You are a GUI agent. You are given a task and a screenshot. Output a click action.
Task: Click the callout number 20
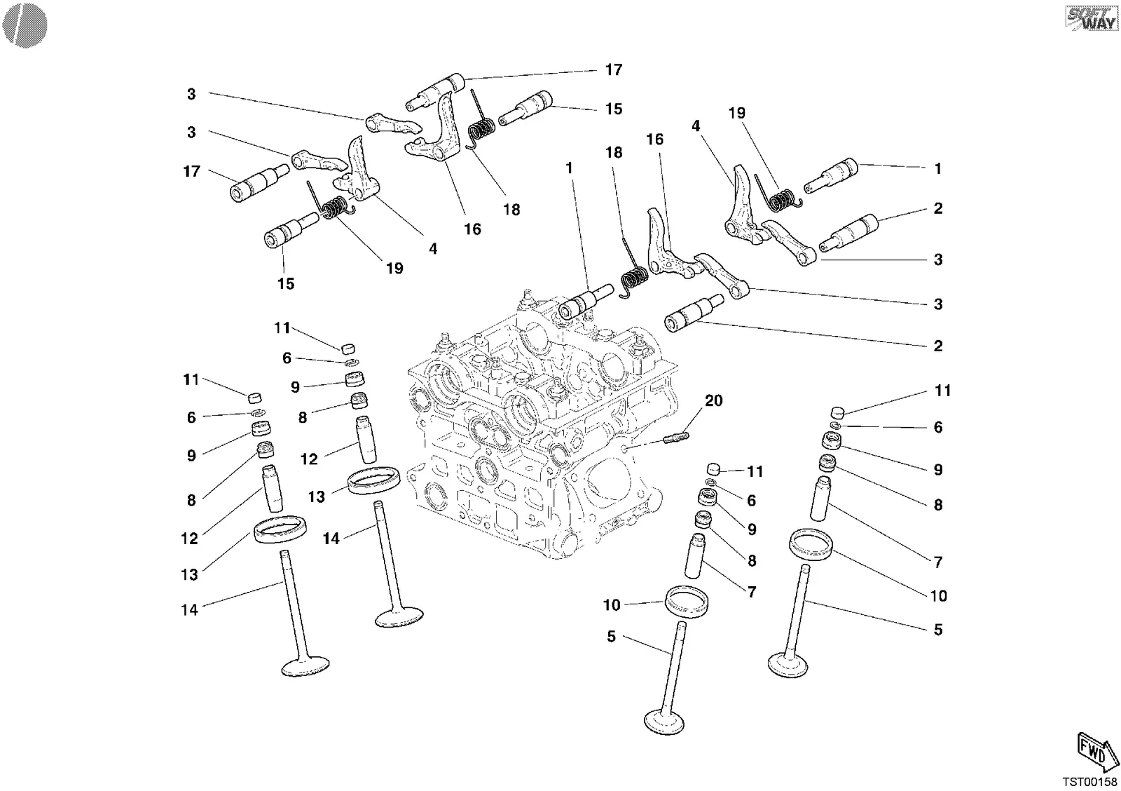(x=714, y=401)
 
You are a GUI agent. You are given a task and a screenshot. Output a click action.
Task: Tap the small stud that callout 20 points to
(x=675, y=438)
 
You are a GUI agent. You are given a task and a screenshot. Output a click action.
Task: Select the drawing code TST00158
(x=1089, y=781)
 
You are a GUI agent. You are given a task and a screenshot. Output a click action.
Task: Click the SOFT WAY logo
(x=1092, y=18)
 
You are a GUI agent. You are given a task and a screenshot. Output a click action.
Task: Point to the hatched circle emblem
(x=25, y=25)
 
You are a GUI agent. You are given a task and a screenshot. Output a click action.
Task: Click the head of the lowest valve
(x=664, y=722)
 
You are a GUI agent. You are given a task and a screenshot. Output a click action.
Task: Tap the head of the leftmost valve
(x=305, y=666)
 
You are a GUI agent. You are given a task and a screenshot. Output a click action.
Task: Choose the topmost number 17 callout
(x=614, y=69)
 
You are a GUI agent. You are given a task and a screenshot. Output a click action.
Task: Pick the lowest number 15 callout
(x=286, y=283)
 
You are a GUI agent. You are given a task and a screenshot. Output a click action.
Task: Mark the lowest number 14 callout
(x=189, y=609)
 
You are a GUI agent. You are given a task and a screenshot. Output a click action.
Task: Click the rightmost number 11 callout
(x=943, y=390)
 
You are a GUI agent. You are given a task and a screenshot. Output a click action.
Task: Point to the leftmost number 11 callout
(x=191, y=379)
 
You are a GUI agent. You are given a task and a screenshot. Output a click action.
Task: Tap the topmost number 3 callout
(x=191, y=94)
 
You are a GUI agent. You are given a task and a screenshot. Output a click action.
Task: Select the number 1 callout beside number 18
(x=569, y=168)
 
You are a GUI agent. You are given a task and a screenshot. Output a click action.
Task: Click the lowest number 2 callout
(x=938, y=346)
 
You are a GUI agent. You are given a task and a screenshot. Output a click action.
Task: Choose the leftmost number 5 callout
(x=611, y=636)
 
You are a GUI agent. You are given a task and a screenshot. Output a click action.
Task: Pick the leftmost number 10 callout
(x=612, y=604)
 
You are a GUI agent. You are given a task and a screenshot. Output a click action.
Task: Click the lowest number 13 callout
(x=189, y=574)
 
